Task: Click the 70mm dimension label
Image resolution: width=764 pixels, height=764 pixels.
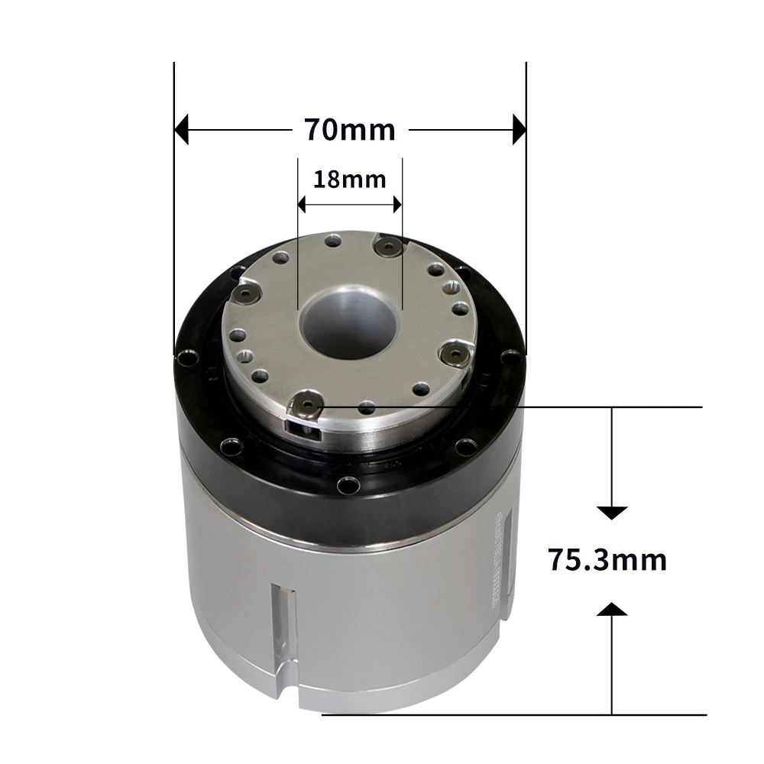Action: pyautogui.click(x=350, y=130)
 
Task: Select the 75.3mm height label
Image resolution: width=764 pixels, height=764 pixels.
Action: pyautogui.click(x=607, y=560)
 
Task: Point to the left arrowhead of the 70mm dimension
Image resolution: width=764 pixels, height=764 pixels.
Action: pyautogui.click(x=182, y=130)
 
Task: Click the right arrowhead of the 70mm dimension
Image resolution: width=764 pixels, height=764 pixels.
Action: pyautogui.click(x=519, y=130)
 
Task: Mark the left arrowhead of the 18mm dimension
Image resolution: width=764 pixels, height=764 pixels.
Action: pyautogui.click(x=303, y=205)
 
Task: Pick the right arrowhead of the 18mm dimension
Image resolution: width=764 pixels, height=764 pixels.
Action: pyautogui.click(x=396, y=205)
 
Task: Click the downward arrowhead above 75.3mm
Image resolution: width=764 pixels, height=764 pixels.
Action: pyautogui.click(x=612, y=513)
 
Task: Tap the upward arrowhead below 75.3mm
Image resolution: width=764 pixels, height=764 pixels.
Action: pyautogui.click(x=612, y=609)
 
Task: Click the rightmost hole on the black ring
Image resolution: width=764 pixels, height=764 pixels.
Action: pyautogui.click(x=510, y=354)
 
